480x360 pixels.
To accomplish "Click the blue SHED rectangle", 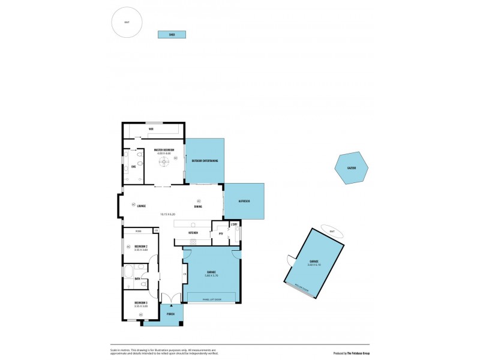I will pos(172,35).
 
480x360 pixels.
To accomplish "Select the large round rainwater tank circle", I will pos(127,23).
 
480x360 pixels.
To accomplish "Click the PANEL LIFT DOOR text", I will pos(212,299).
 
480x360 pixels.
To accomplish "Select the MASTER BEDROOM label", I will pos(164,150).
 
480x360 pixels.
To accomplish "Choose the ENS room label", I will pos(133,167).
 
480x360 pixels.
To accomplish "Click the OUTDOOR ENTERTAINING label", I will pos(205,161).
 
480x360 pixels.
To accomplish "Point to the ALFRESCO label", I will pos(244,201).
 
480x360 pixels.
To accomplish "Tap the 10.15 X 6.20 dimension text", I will pos(167,214).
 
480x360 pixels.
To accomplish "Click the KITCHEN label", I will pos(193,232).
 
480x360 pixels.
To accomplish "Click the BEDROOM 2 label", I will pos(141,246).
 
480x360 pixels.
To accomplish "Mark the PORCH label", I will pos(170,314).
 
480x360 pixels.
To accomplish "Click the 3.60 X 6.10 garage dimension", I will pos(313,265).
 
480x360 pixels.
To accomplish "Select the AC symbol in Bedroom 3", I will pos(141,314).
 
